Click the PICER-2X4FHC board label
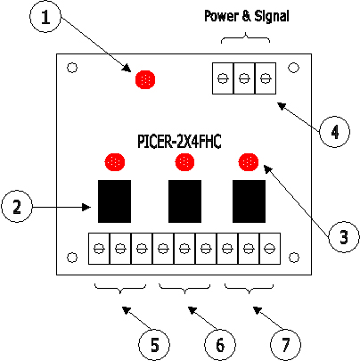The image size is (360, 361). point(179,142)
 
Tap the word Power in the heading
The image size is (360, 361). point(222,16)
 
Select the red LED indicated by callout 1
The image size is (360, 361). point(145,79)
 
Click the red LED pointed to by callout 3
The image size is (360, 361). point(249,162)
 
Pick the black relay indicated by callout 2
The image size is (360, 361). point(114,201)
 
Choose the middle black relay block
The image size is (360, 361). point(184,201)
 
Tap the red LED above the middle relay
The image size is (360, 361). point(184,162)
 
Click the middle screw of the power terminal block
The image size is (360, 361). point(244,78)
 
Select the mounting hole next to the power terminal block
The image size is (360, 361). point(294,68)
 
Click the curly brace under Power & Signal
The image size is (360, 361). point(245,38)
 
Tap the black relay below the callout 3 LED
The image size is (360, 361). point(249,201)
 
